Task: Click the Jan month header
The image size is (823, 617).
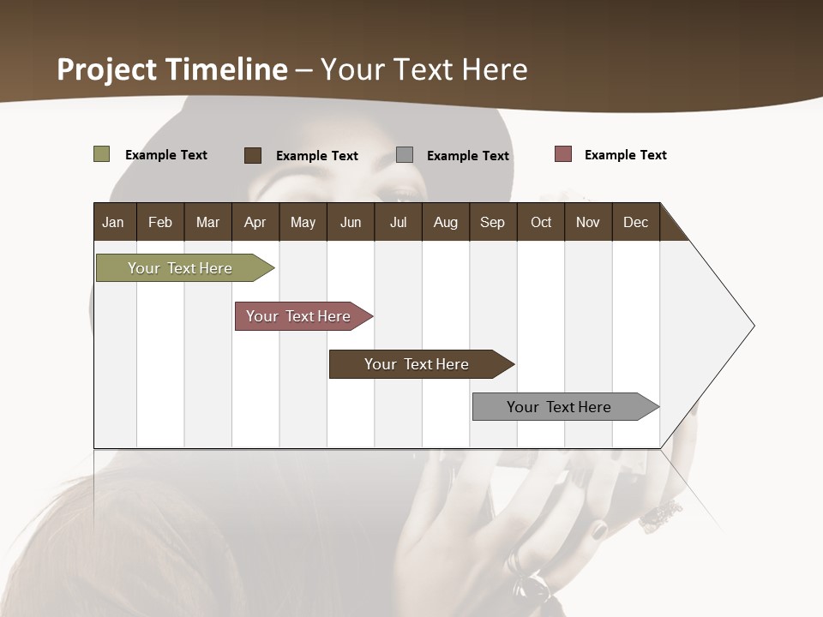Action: (x=113, y=222)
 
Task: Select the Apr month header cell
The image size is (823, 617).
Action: (x=255, y=222)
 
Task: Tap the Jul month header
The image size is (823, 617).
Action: (x=398, y=222)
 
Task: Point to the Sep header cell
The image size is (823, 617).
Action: (x=492, y=222)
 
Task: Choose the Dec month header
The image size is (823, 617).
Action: (x=635, y=222)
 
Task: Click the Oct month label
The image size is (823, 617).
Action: (x=541, y=222)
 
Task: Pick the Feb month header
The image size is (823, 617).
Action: (x=160, y=222)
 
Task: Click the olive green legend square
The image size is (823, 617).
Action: (x=102, y=154)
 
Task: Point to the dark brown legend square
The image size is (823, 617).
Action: (x=253, y=155)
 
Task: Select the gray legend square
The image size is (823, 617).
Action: (x=405, y=155)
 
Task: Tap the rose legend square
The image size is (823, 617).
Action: (x=562, y=154)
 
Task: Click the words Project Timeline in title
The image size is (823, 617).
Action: (x=172, y=69)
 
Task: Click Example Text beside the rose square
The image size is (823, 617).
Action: (x=625, y=155)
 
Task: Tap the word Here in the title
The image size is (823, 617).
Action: (x=495, y=69)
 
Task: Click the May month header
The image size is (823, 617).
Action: (x=303, y=222)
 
